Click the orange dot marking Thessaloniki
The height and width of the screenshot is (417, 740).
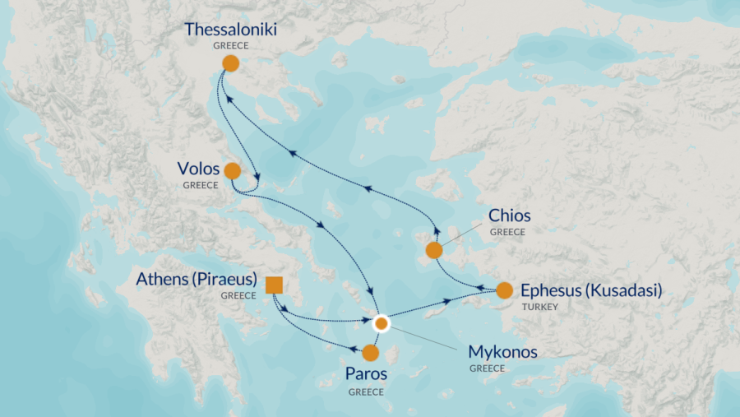(231, 63)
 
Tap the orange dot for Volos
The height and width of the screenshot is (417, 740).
(232, 171)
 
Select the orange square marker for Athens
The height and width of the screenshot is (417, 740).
(275, 285)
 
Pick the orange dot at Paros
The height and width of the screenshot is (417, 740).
(370, 353)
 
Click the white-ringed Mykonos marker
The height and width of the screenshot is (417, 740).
(381, 323)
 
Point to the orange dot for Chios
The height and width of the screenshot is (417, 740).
(433, 250)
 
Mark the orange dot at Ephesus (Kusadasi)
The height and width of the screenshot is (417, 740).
(504, 290)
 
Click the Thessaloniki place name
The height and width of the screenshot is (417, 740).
(230, 30)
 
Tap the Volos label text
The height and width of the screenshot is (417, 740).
(198, 169)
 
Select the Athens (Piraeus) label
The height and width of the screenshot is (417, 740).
(197, 280)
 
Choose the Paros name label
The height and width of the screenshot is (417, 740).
(365, 375)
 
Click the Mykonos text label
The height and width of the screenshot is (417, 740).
(502, 352)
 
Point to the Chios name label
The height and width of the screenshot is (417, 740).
(509, 216)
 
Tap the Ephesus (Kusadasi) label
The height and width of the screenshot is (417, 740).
(591, 290)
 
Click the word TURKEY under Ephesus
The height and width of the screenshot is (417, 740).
(539, 307)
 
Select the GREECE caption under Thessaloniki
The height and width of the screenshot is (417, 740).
(230, 46)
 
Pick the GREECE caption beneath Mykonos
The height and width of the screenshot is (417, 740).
(487, 368)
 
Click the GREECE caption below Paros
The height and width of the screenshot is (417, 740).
(365, 392)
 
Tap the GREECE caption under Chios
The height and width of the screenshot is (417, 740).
(507, 233)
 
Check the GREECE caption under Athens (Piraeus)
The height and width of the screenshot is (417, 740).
(238, 295)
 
